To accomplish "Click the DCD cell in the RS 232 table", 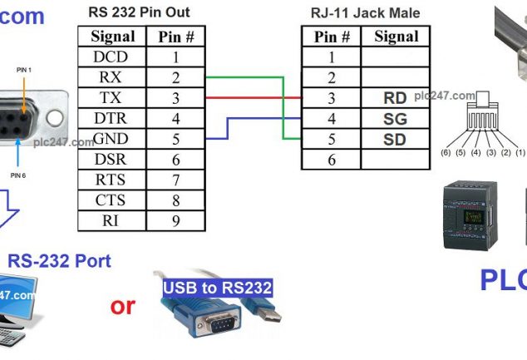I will (111, 57).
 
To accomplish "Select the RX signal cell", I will (111, 77).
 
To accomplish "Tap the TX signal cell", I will (111, 98).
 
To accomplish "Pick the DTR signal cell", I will (111, 118).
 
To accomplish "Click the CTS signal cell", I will (111, 200).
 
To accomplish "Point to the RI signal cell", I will (111, 220).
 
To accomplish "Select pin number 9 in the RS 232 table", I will (175, 220).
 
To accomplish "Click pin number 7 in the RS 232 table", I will (175, 180).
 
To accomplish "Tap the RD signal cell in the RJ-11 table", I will (395, 98).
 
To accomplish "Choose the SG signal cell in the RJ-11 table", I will (395, 119).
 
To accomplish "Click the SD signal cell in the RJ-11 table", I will (395, 139).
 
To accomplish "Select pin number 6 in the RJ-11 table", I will (331, 160).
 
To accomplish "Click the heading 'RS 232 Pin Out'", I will (138, 12).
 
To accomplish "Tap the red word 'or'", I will (122, 305).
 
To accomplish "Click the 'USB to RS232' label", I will (217, 288).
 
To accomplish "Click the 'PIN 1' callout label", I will (24, 71).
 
